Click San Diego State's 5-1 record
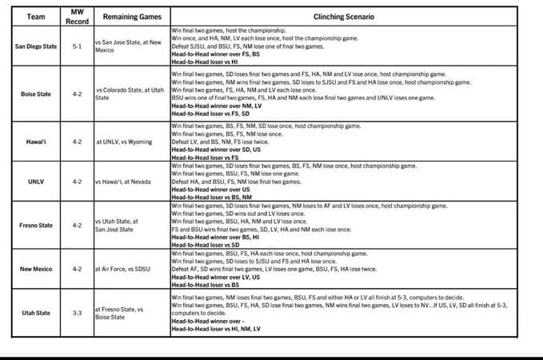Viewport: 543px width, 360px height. [76, 46]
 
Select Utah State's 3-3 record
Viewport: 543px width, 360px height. [76, 312]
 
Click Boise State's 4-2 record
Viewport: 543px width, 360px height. [76, 94]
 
